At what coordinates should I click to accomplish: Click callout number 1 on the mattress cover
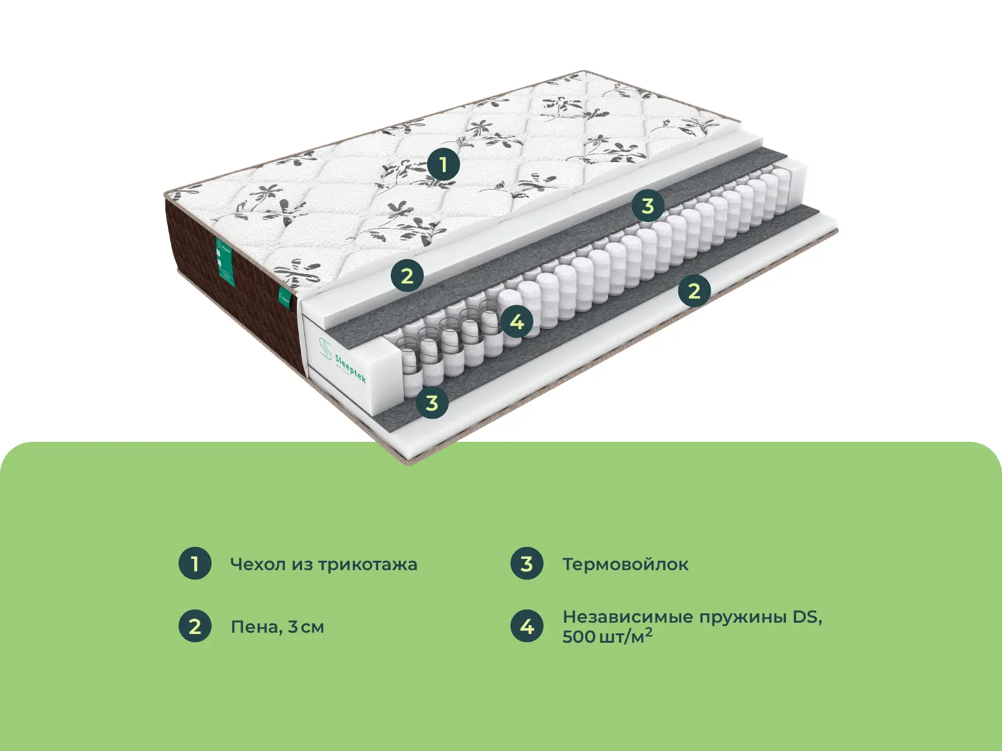(x=443, y=165)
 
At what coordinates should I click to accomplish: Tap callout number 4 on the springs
(x=517, y=322)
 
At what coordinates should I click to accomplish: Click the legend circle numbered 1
(x=195, y=563)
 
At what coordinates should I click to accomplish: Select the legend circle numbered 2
(x=195, y=626)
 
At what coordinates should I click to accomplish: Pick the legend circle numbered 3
(x=527, y=563)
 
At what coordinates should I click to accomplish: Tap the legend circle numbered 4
(x=527, y=626)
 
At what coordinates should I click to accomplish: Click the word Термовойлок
(x=625, y=565)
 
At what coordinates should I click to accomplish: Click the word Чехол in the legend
(x=258, y=565)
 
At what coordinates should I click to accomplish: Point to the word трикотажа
(x=367, y=565)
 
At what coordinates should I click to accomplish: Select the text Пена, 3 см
(x=277, y=627)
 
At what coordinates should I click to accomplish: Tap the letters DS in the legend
(x=807, y=617)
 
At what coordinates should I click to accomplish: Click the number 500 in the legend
(x=579, y=637)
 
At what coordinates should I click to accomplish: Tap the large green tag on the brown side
(x=224, y=262)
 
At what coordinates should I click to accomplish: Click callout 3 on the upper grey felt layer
(x=648, y=205)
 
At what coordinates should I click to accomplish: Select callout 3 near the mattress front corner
(x=432, y=402)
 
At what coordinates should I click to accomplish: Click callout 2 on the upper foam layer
(x=407, y=275)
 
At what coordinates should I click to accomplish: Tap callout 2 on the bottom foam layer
(x=694, y=290)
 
